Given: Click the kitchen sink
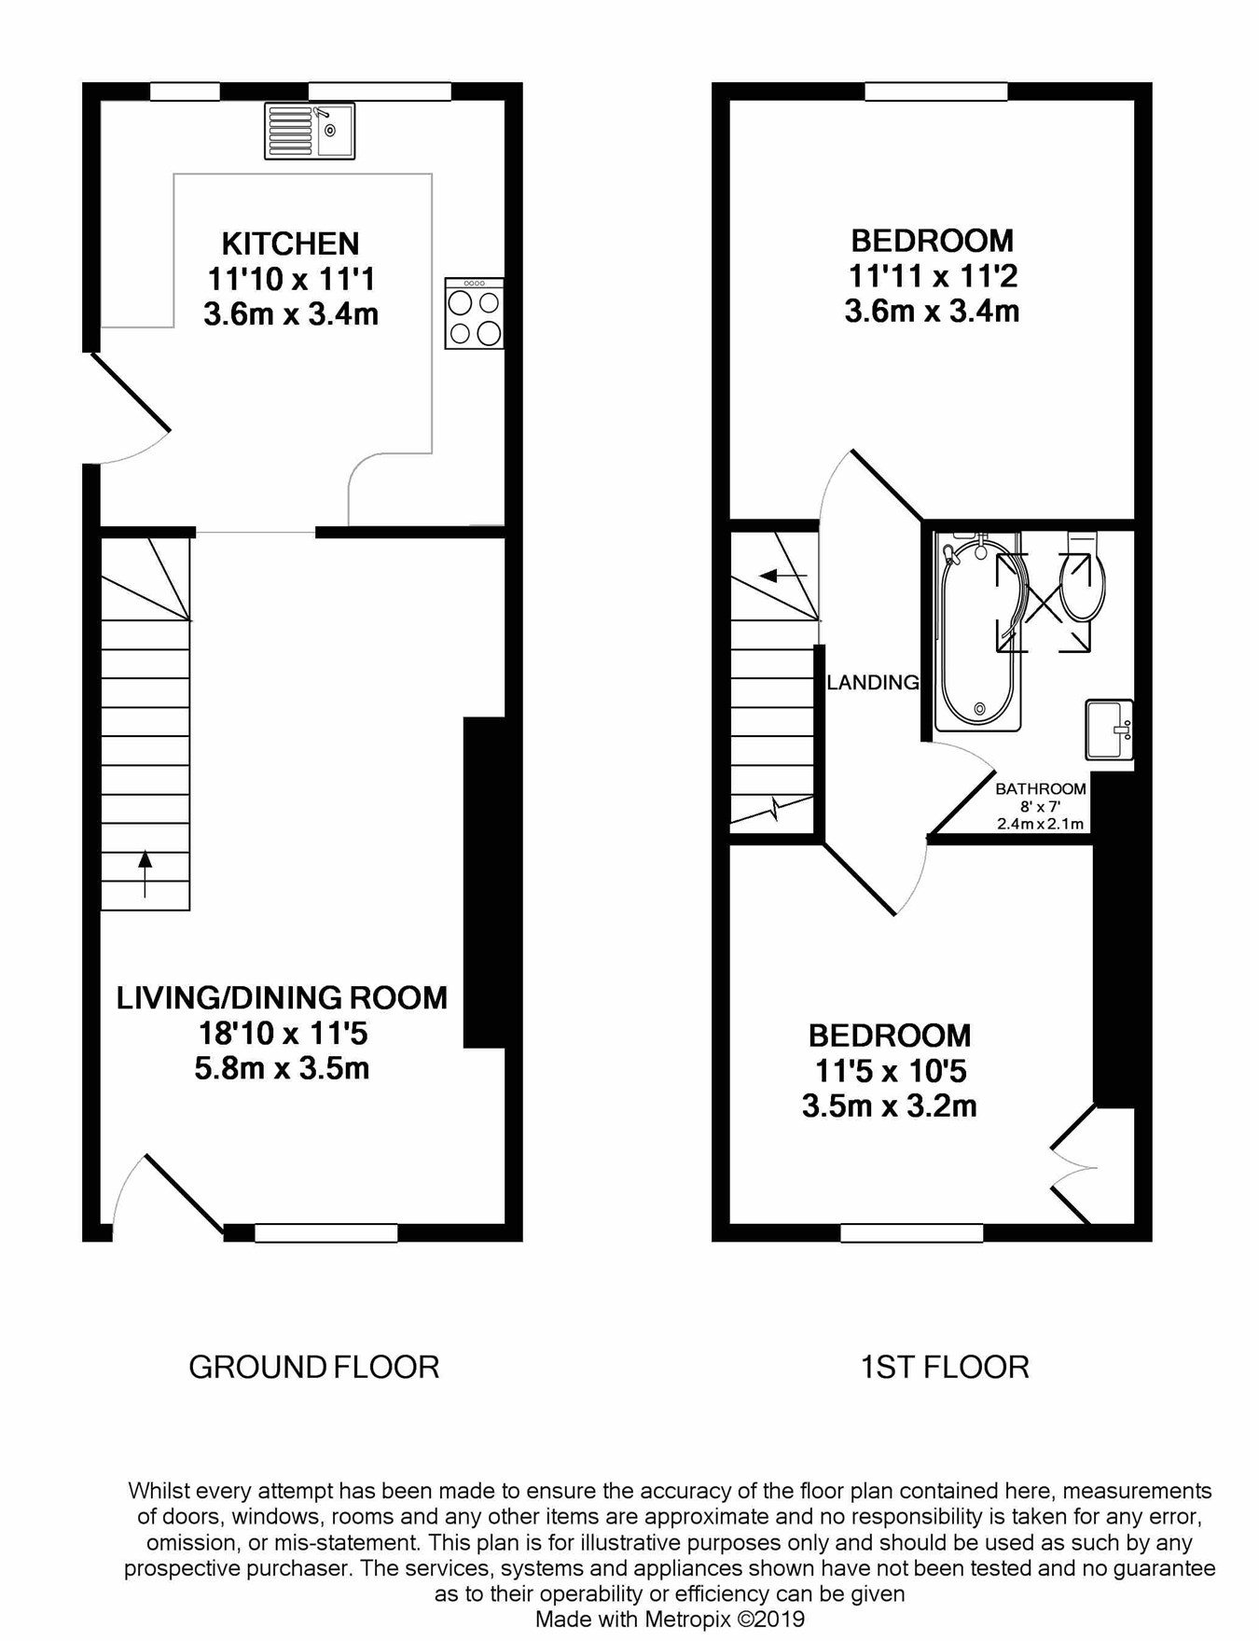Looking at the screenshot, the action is pos(310,131).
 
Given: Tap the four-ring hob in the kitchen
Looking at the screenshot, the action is pos(474,313).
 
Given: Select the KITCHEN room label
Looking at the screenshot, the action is pos(290,243).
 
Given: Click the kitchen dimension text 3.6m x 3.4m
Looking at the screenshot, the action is pos(291,313).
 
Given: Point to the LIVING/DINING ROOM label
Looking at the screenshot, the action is pos(282,997).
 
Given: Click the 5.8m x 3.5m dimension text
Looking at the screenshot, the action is pos(282,1067).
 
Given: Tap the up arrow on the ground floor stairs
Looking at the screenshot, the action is pos(145,873).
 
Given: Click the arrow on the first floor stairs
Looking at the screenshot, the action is pos(782,576).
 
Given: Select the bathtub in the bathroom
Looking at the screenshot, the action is pos(978,632).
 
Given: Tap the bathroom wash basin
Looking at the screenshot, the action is pos(1109,730).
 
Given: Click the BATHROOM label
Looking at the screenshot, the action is pos(1041,788).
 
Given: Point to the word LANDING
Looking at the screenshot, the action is pos(873,682).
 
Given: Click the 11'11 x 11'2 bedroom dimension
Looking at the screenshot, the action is pos(932,276).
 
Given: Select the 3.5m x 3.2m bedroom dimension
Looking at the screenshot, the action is pos(890,1106).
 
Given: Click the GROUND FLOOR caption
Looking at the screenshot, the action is pos(314,1367).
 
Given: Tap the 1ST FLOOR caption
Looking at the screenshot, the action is pos(945,1367).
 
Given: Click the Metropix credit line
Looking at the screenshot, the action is pos(670,1619).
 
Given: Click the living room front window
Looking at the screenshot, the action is pos(326,1233).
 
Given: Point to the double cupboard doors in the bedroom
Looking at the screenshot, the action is pos(1072,1165).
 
